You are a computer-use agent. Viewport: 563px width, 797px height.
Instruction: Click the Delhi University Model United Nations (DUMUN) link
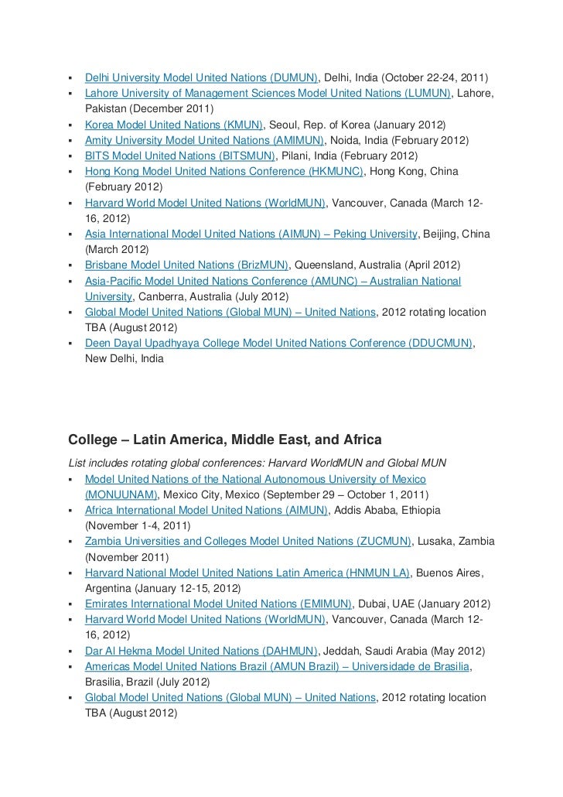point(201,79)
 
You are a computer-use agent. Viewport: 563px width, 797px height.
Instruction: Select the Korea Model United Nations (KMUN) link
point(174,125)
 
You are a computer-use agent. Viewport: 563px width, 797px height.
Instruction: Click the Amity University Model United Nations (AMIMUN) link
point(205,140)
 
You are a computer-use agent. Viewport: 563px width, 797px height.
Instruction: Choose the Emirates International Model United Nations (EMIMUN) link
point(219,604)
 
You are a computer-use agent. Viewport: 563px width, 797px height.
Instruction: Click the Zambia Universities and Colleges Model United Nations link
point(248,541)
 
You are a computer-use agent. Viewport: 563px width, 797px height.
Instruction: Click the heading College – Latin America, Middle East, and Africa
point(225,440)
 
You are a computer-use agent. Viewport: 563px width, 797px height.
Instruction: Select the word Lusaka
point(438,541)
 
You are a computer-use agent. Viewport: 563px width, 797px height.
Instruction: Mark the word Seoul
point(286,125)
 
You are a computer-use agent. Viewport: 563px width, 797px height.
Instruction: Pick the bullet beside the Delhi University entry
point(70,79)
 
